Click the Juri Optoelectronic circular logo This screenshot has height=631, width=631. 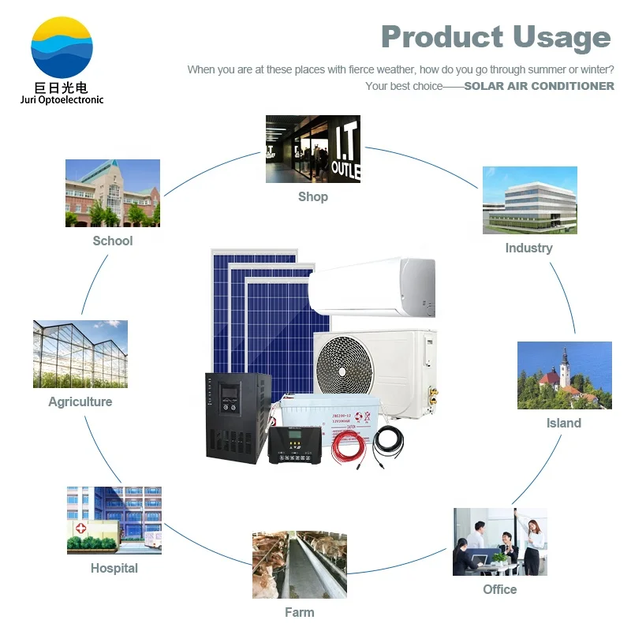62,47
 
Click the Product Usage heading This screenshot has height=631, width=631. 495,37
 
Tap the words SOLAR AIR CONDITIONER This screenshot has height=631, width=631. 539,86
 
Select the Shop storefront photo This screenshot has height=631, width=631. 312,149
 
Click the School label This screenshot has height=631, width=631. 113,241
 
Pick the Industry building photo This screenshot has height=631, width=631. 529,200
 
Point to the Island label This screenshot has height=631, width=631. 563,423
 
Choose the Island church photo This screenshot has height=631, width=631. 564,375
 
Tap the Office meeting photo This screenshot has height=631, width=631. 499,542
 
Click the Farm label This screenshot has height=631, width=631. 299,612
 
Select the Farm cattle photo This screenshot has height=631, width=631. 299,565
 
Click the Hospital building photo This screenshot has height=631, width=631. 114,520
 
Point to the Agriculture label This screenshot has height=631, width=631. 80,401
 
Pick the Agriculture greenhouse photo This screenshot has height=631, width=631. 80,353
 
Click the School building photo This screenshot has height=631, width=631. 113,193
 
